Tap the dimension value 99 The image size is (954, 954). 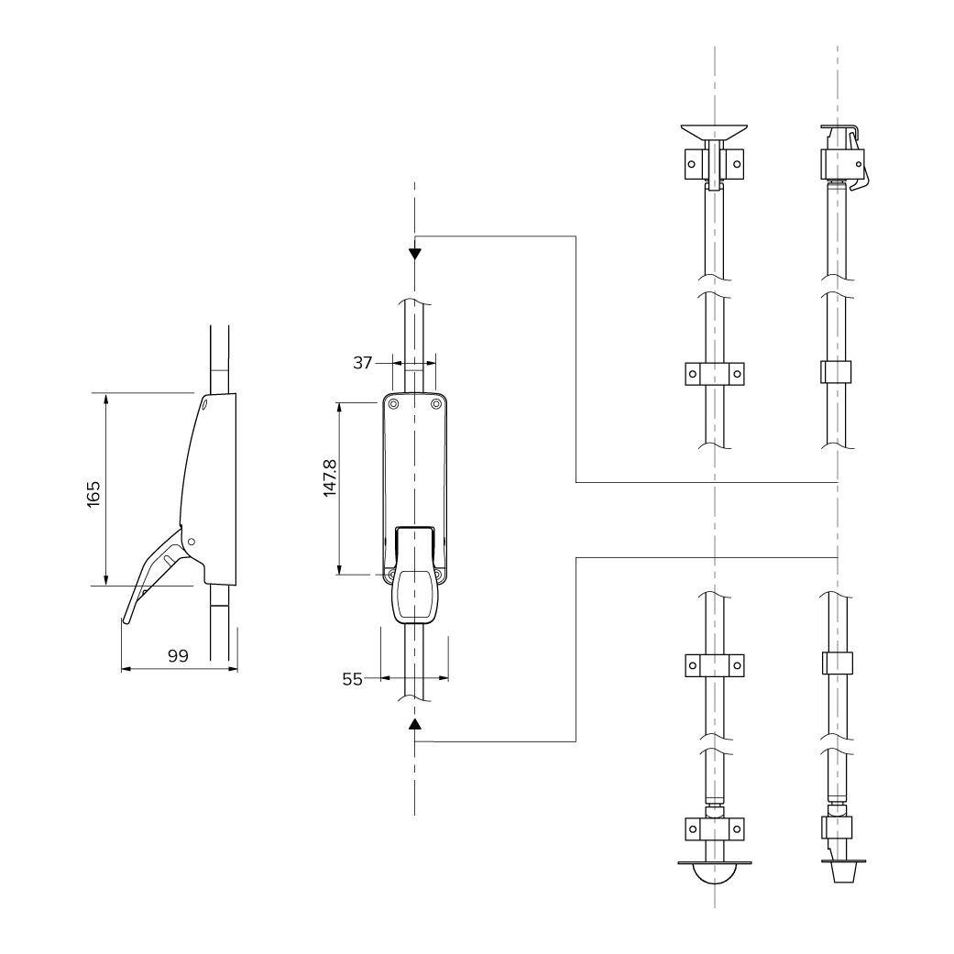pyautogui.click(x=179, y=655)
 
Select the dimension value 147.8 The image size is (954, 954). pyautogui.click(x=330, y=477)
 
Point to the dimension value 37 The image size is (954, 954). pyautogui.click(x=362, y=363)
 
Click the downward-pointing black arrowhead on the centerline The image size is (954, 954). pyautogui.click(x=415, y=254)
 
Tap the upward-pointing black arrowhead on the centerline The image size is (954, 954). pyautogui.click(x=415, y=725)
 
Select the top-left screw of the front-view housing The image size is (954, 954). pyautogui.click(x=392, y=404)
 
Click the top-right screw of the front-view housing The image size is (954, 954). pyautogui.click(x=437, y=404)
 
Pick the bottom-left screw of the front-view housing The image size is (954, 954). pyautogui.click(x=392, y=575)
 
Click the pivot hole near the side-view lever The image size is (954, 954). pyautogui.click(x=191, y=542)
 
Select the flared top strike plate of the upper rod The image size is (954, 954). pyautogui.click(x=714, y=132)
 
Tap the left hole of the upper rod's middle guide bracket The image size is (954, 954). pyautogui.click(x=693, y=374)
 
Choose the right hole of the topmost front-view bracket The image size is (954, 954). pyautogui.click(x=736, y=164)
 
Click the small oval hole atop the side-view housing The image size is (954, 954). pyautogui.click(x=205, y=403)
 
